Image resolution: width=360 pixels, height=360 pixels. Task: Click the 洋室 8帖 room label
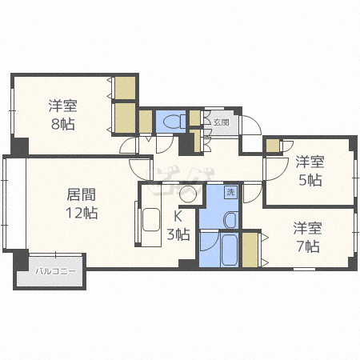pos(63,114)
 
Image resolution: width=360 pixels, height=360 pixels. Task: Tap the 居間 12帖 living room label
pos(82,203)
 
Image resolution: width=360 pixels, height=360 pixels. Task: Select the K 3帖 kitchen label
pos(178,226)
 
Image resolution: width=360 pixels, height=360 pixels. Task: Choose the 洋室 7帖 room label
pos(308,237)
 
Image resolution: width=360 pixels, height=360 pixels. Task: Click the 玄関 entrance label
pos(222,122)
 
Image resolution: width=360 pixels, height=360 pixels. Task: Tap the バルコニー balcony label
pos(56,272)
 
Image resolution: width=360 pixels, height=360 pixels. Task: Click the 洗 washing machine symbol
pos(230,192)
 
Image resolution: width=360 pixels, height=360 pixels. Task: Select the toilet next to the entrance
pos(174,122)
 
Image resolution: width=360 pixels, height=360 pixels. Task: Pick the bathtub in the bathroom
pos(230,250)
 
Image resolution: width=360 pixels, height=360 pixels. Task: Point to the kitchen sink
pos(151,219)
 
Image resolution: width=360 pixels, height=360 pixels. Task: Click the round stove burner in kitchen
pos(188,194)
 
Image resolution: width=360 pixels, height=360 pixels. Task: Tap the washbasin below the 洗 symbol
pos(231,220)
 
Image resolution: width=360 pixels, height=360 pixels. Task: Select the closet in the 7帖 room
pos(250,250)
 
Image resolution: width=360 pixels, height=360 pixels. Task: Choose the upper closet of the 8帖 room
pos(125,88)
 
